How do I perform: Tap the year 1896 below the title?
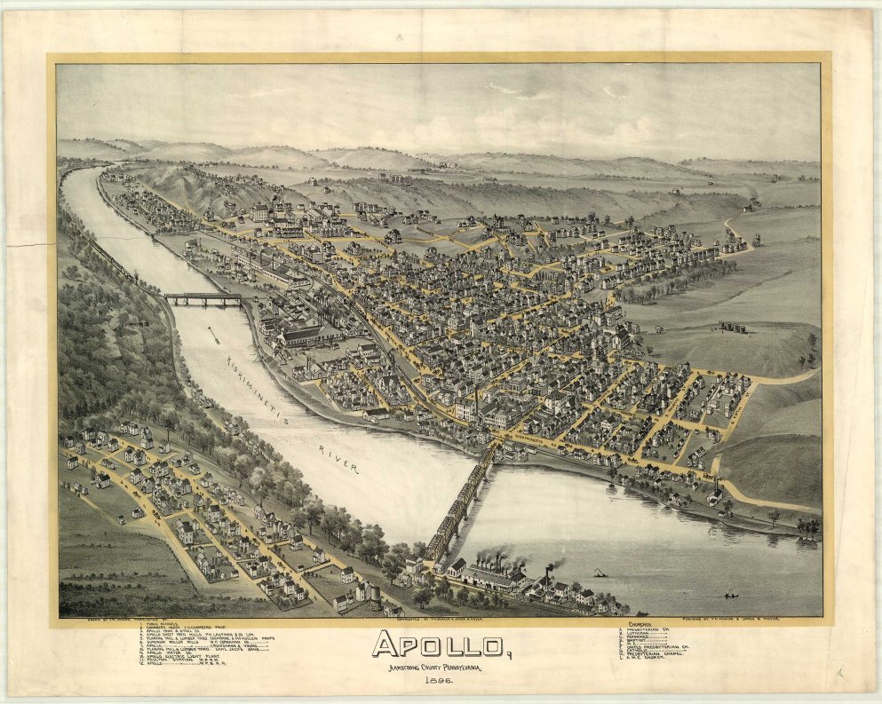[440, 679]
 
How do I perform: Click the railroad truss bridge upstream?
[203, 299]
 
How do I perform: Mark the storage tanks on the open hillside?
[733, 327]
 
